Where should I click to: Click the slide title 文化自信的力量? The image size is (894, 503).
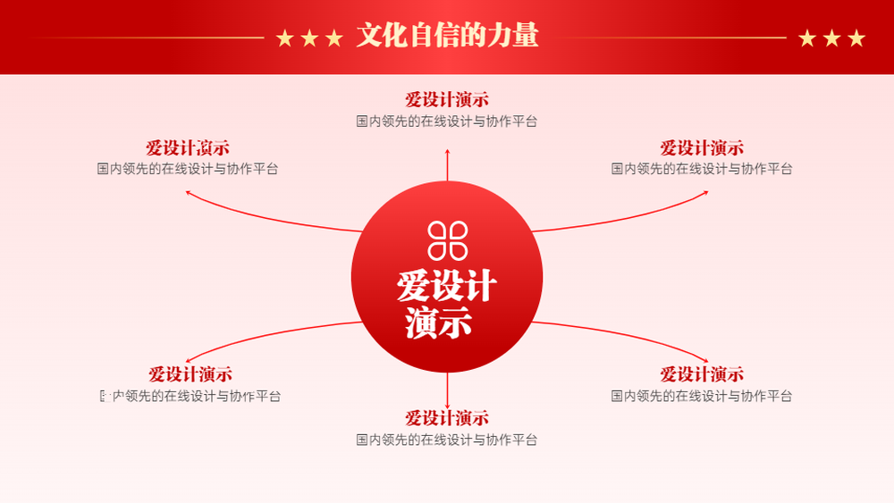448,36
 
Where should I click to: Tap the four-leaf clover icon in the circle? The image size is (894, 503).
448,241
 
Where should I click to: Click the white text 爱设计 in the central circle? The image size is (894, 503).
446,286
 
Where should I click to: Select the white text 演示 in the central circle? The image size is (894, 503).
438,323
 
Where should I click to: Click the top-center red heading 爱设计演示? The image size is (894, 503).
447,100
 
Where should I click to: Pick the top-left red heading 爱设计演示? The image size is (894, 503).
188,148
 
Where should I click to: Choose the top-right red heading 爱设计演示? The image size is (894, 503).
702,148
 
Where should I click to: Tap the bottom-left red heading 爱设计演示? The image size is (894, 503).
190,374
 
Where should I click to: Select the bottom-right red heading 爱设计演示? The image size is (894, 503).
702,374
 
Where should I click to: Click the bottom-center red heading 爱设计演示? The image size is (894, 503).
447,418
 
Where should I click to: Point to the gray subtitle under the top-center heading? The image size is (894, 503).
447,122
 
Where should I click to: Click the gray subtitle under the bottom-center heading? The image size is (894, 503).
447,440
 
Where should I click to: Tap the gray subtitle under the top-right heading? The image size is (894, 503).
702,169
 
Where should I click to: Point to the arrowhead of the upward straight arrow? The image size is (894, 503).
448,151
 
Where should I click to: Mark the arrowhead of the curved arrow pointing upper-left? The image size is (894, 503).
188,193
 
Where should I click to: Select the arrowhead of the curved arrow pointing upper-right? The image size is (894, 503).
706,193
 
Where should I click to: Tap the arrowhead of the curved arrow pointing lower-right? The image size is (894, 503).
706,360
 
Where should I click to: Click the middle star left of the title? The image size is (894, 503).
309,38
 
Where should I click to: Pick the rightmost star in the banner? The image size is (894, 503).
856,38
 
